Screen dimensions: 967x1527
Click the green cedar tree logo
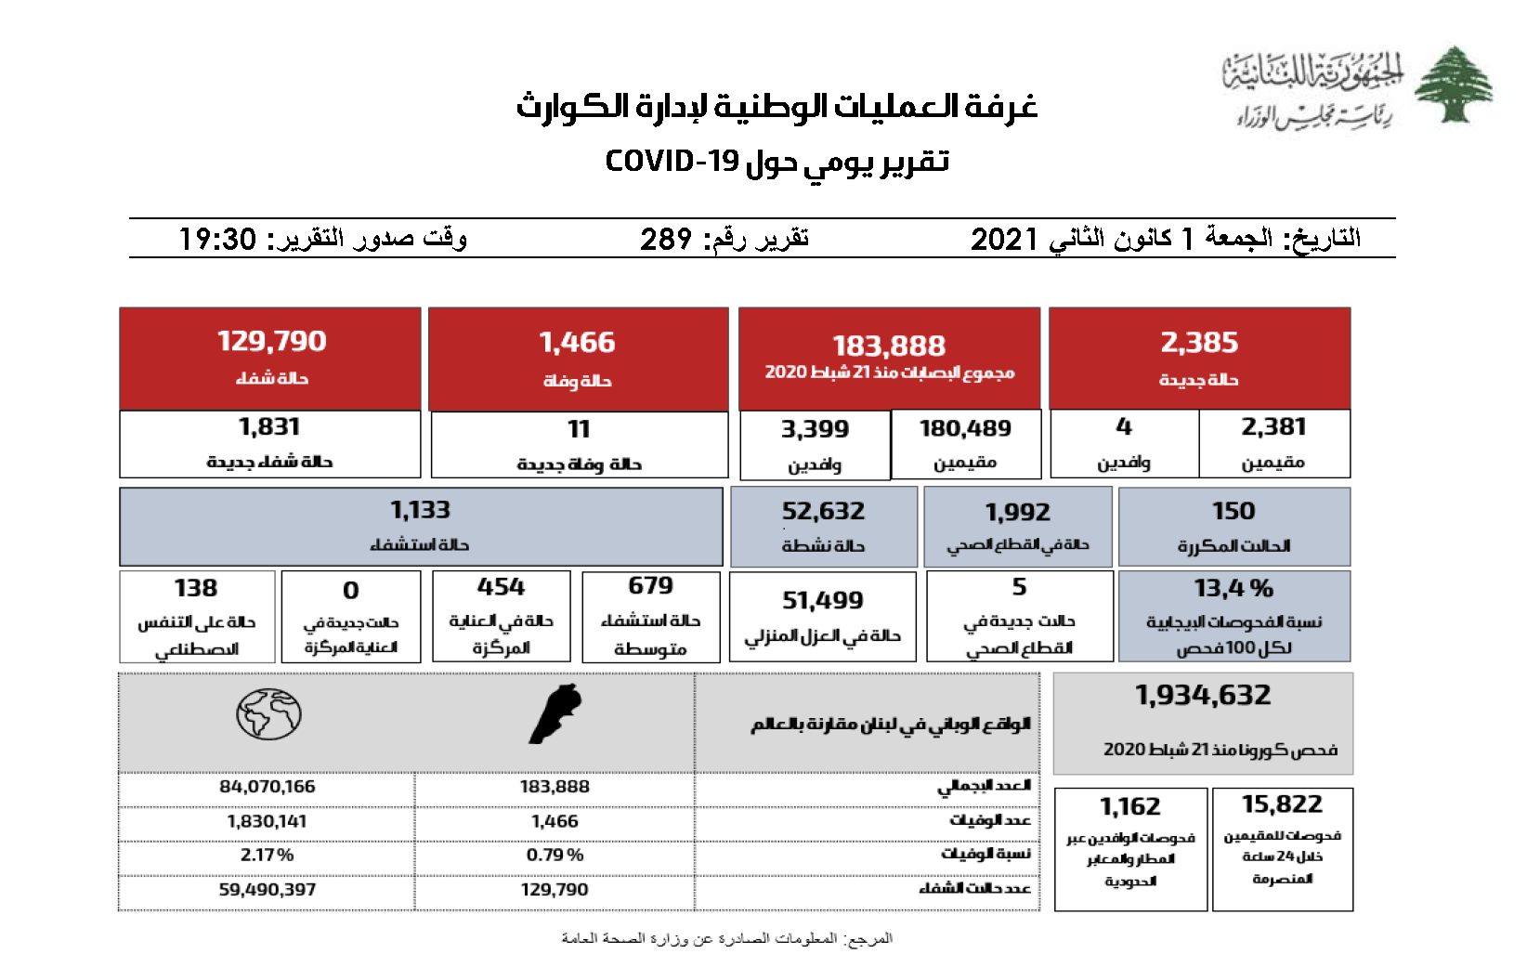coord(1453,85)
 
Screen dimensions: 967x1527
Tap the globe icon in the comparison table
coord(268,714)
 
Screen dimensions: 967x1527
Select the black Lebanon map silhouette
coord(555,714)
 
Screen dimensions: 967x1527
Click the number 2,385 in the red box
coord(1199,343)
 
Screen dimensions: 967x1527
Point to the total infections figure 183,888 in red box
coord(889,346)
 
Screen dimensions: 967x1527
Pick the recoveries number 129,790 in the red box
coord(271,341)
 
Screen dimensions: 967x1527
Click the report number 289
coord(666,240)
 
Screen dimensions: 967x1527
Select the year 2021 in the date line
coord(1003,240)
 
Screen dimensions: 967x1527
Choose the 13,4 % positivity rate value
coord(1233,588)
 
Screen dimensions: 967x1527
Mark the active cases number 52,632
coord(823,511)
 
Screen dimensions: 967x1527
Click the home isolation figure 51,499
coord(823,601)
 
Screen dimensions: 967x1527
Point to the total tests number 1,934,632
coord(1203,695)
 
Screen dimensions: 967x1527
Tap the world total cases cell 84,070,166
coord(268,787)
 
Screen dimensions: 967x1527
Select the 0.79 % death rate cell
coord(555,855)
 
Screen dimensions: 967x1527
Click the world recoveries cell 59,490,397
coord(268,890)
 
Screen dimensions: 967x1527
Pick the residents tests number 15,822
coord(1282,804)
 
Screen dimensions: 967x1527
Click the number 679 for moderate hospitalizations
coord(650,586)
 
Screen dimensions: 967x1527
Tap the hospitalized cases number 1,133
coord(420,510)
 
